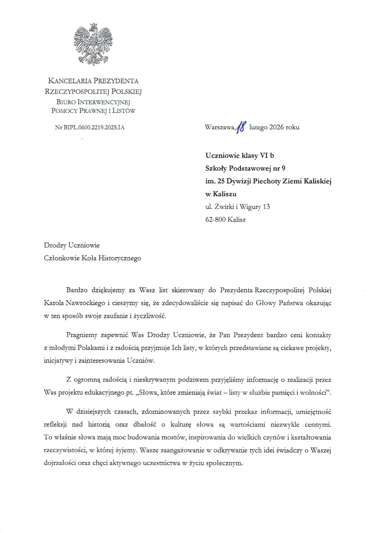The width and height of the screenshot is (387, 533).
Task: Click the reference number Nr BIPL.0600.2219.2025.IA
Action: [x=93, y=127]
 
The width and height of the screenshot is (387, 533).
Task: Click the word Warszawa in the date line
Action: [x=219, y=127]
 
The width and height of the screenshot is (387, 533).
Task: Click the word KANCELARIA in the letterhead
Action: [x=71, y=81]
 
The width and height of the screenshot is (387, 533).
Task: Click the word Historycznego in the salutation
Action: [x=119, y=258]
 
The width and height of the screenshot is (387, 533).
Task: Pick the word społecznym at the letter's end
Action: [x=221, y=462]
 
